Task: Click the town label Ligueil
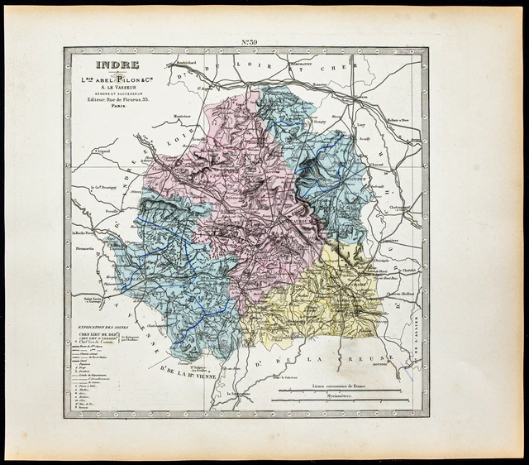pos(104,152)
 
